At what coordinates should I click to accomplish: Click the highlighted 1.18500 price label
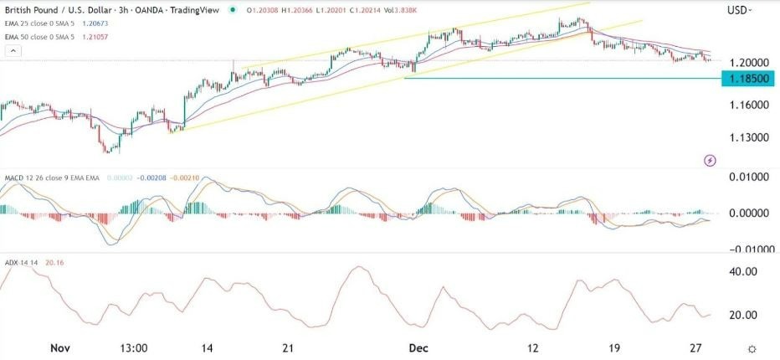(748, 79)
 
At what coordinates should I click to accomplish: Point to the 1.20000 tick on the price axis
(747, 63)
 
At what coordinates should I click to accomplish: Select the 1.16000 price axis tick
(747, 105)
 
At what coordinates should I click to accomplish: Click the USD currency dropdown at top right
(740, 10)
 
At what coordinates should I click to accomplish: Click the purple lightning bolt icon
(710, 160)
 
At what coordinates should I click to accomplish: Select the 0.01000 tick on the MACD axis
(747, 177)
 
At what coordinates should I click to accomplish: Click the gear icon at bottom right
(752, 347)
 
